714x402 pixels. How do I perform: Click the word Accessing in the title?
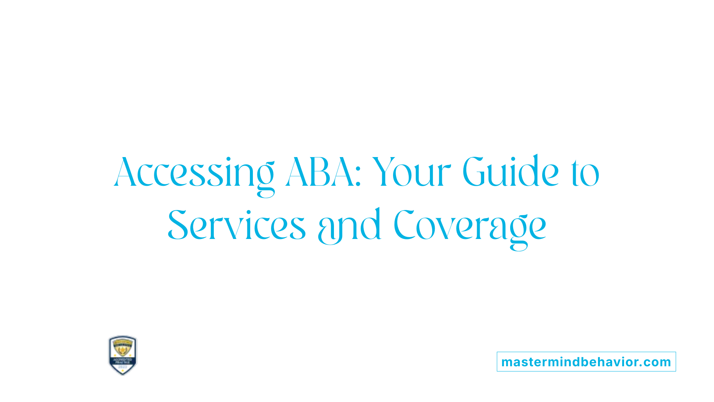[194, 172]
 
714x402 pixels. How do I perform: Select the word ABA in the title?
[320, 172]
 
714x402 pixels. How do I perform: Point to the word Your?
[411, 172]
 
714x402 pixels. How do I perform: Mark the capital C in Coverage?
[404, 224]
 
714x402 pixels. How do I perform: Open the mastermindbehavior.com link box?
[586, 362]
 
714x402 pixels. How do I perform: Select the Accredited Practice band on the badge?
[123, 361]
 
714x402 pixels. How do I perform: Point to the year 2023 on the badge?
[123, 367]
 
